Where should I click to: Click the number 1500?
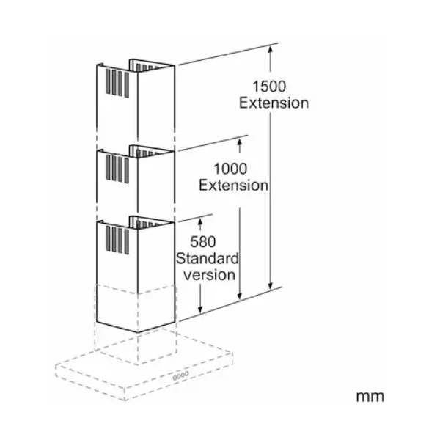[x=269, y=87]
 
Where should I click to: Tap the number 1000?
[x=230, y=169]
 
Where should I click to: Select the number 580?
[x=203, y=242]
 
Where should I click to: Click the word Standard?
[x=208, y=258]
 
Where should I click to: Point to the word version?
[x=209, y=275]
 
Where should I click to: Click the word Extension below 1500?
[x=274, y=103]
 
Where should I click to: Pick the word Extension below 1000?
[x=233, y=186]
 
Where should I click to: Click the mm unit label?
[x=370, y=396]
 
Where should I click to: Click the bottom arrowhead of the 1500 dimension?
[x=270, y=287]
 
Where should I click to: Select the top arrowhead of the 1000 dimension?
[x=240, y=141]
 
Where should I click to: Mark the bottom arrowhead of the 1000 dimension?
[x=240, y=296]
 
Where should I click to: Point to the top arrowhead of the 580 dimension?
[x=200, y=221]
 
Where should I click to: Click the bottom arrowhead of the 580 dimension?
[x=200, y=309]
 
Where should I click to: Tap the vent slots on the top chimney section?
[x=117, y=83]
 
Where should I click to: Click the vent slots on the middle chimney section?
[x=117, y=169]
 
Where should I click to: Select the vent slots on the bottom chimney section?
[x=117, y=241]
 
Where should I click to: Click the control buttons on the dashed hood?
[x=180, y=375]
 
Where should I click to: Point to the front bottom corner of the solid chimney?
[x=138, y=333]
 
